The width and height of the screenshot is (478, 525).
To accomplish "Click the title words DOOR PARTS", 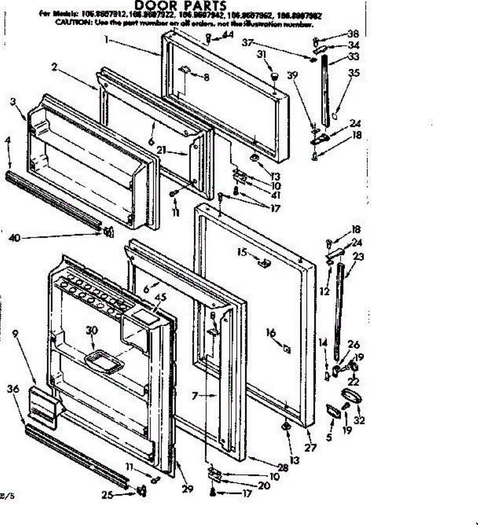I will pyautogui.click(x=180, y=6).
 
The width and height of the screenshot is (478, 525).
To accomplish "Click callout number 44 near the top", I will pyautogui.click(x=228, y=34).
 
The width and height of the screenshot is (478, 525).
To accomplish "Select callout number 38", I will pyautogui.click(x=353, y=34).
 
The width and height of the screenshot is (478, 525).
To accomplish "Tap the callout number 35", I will pyautogui.click(x=354, y=73).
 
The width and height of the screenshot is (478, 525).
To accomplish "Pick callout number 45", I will pyautogui.click(x=161, y=297).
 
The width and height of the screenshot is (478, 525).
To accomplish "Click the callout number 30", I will pyautogui.click(x=92, y=331).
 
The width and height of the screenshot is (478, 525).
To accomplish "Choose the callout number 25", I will pyautogui.click(x=108, y=495).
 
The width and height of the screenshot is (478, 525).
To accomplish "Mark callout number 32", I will pyautogui.click(x=360, y=420).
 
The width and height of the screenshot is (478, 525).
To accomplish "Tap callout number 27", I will pyautogui.click(x=310, y=448).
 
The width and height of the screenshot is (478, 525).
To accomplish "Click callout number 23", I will pyautogui.click(x=358, y=257).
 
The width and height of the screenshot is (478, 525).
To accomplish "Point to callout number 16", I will pyautogui.click(x=271, y=333).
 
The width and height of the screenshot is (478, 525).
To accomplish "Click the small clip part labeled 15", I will pyautogui.click(x=264, y=264).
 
